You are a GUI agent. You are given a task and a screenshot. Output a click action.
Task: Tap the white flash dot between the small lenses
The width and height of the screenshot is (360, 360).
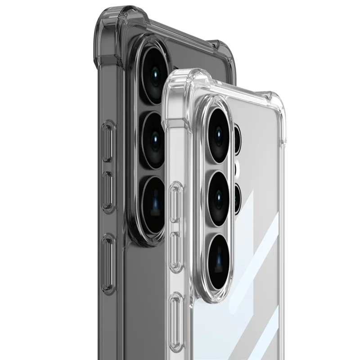pyautogui.click(x=238, y=170)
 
